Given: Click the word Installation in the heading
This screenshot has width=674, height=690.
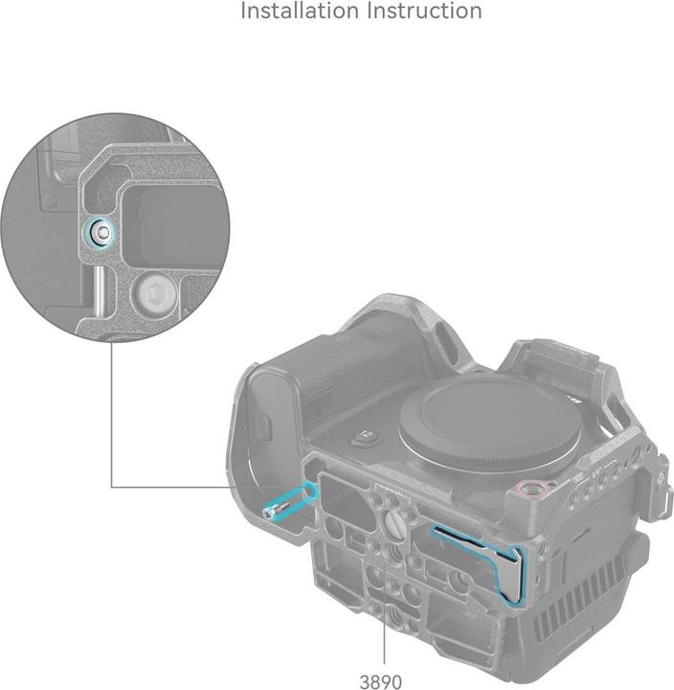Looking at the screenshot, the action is click(x=300, y=11).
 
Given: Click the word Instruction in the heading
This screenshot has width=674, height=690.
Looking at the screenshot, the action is click(x=425, y=11).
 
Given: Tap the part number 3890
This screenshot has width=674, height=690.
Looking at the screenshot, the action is click(x=381, y=681).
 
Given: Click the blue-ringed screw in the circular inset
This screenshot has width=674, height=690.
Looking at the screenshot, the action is click(x=102, y=231).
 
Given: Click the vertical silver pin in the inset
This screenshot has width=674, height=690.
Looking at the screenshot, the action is click(x=99, y=289).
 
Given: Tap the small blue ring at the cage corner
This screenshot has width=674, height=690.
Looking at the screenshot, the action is click(x=310, y=490).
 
